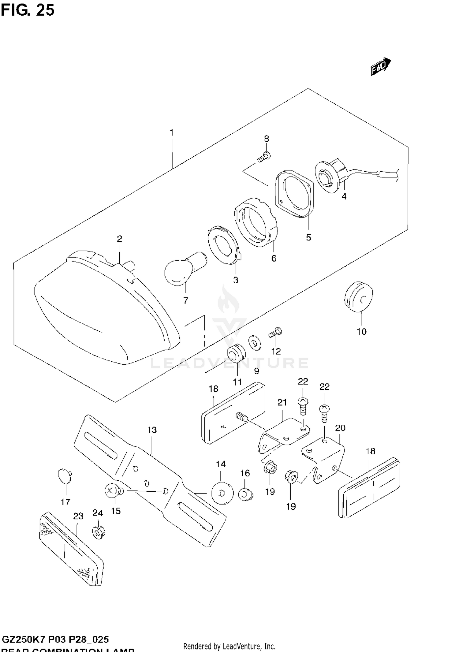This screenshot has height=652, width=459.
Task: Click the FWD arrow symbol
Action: tap(380, 66)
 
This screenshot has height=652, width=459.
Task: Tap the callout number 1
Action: tap(172, 133)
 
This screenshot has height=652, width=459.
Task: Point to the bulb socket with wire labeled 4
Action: tap(331, 177)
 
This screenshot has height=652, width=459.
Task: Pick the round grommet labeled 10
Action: tap(359, 296)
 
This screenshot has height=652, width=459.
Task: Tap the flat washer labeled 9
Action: tap(255, 342)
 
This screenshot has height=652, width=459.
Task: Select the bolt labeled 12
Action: tap(276, 333)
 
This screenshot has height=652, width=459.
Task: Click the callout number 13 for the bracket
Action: tap(151, 430)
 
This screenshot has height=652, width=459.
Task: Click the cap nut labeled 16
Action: tap(245, 494)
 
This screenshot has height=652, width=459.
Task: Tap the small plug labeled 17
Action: tap(65, 477)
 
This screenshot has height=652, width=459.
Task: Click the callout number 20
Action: tap(340, 428)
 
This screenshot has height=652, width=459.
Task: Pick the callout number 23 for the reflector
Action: tap(78, 516)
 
